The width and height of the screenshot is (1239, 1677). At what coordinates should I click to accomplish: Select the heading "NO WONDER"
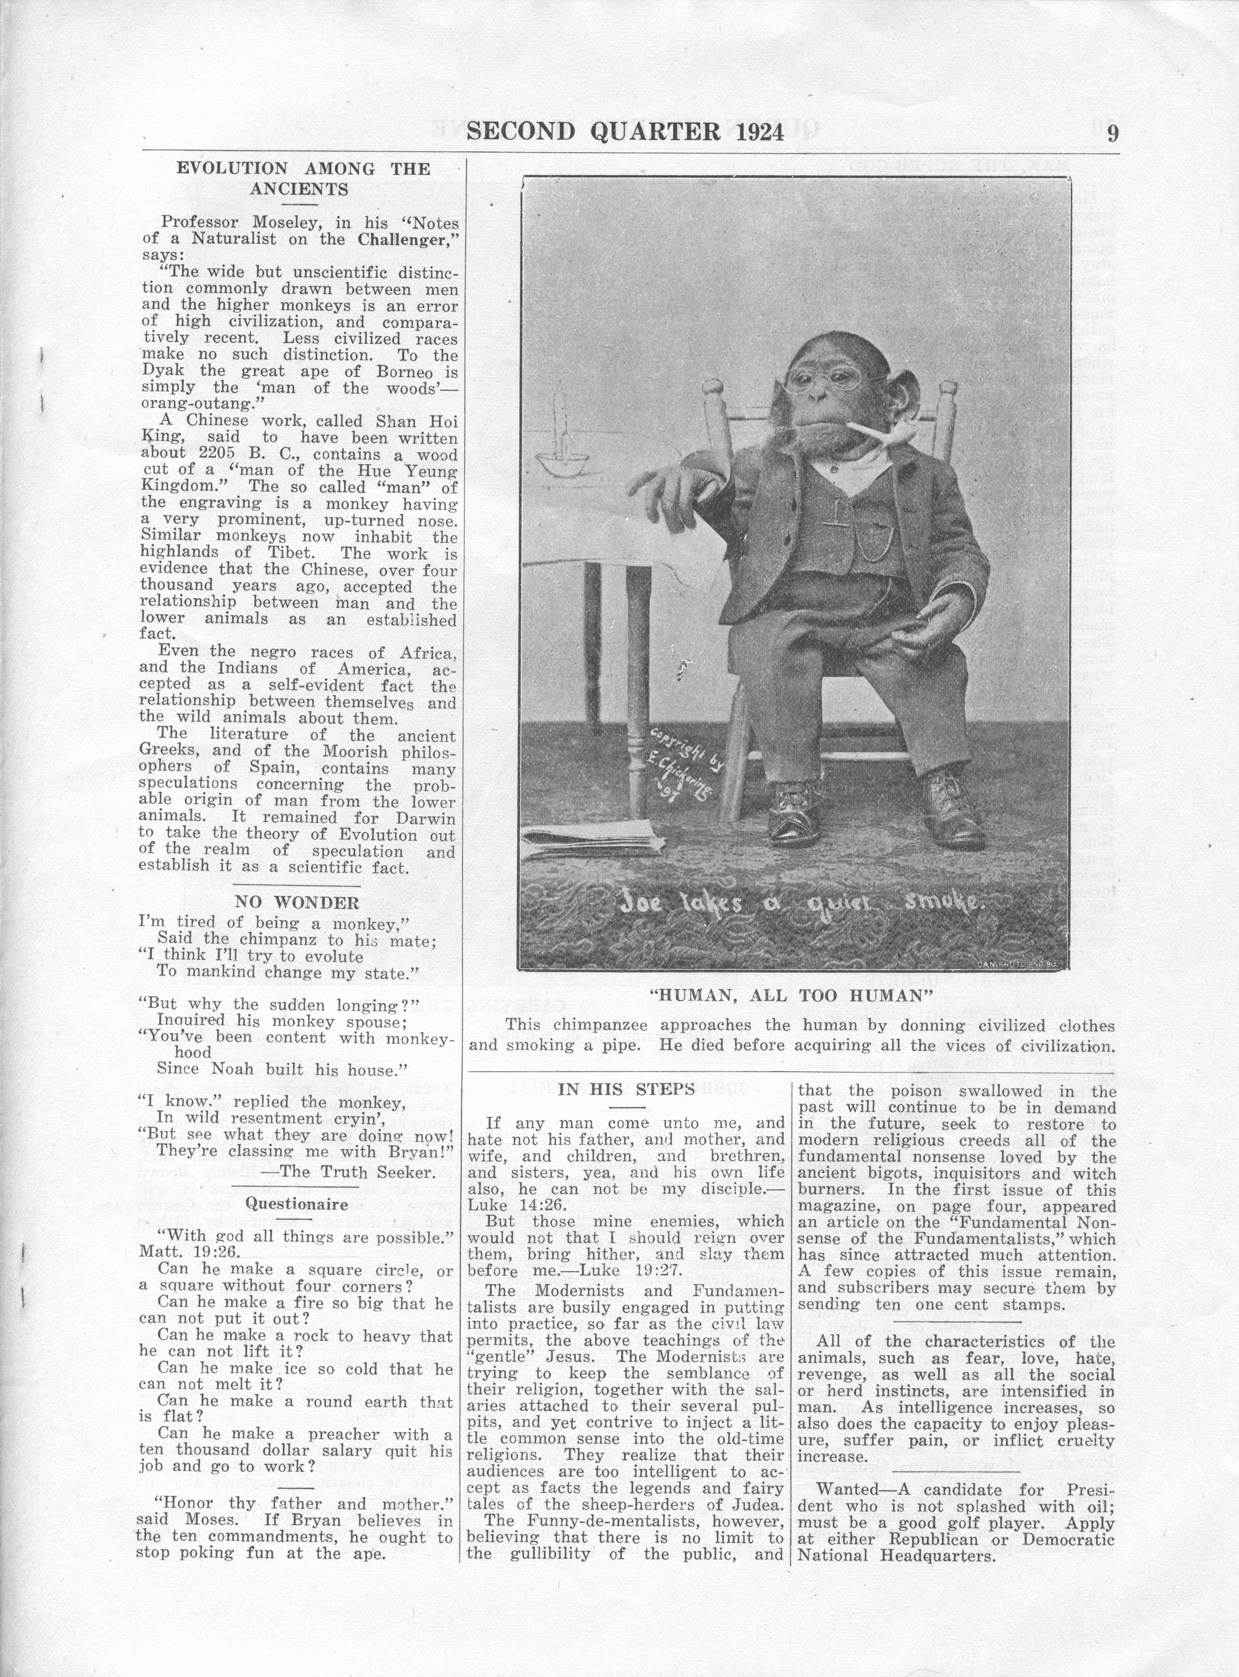[297, 902]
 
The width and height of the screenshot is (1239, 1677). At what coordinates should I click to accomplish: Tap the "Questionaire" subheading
[297, 1205]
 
